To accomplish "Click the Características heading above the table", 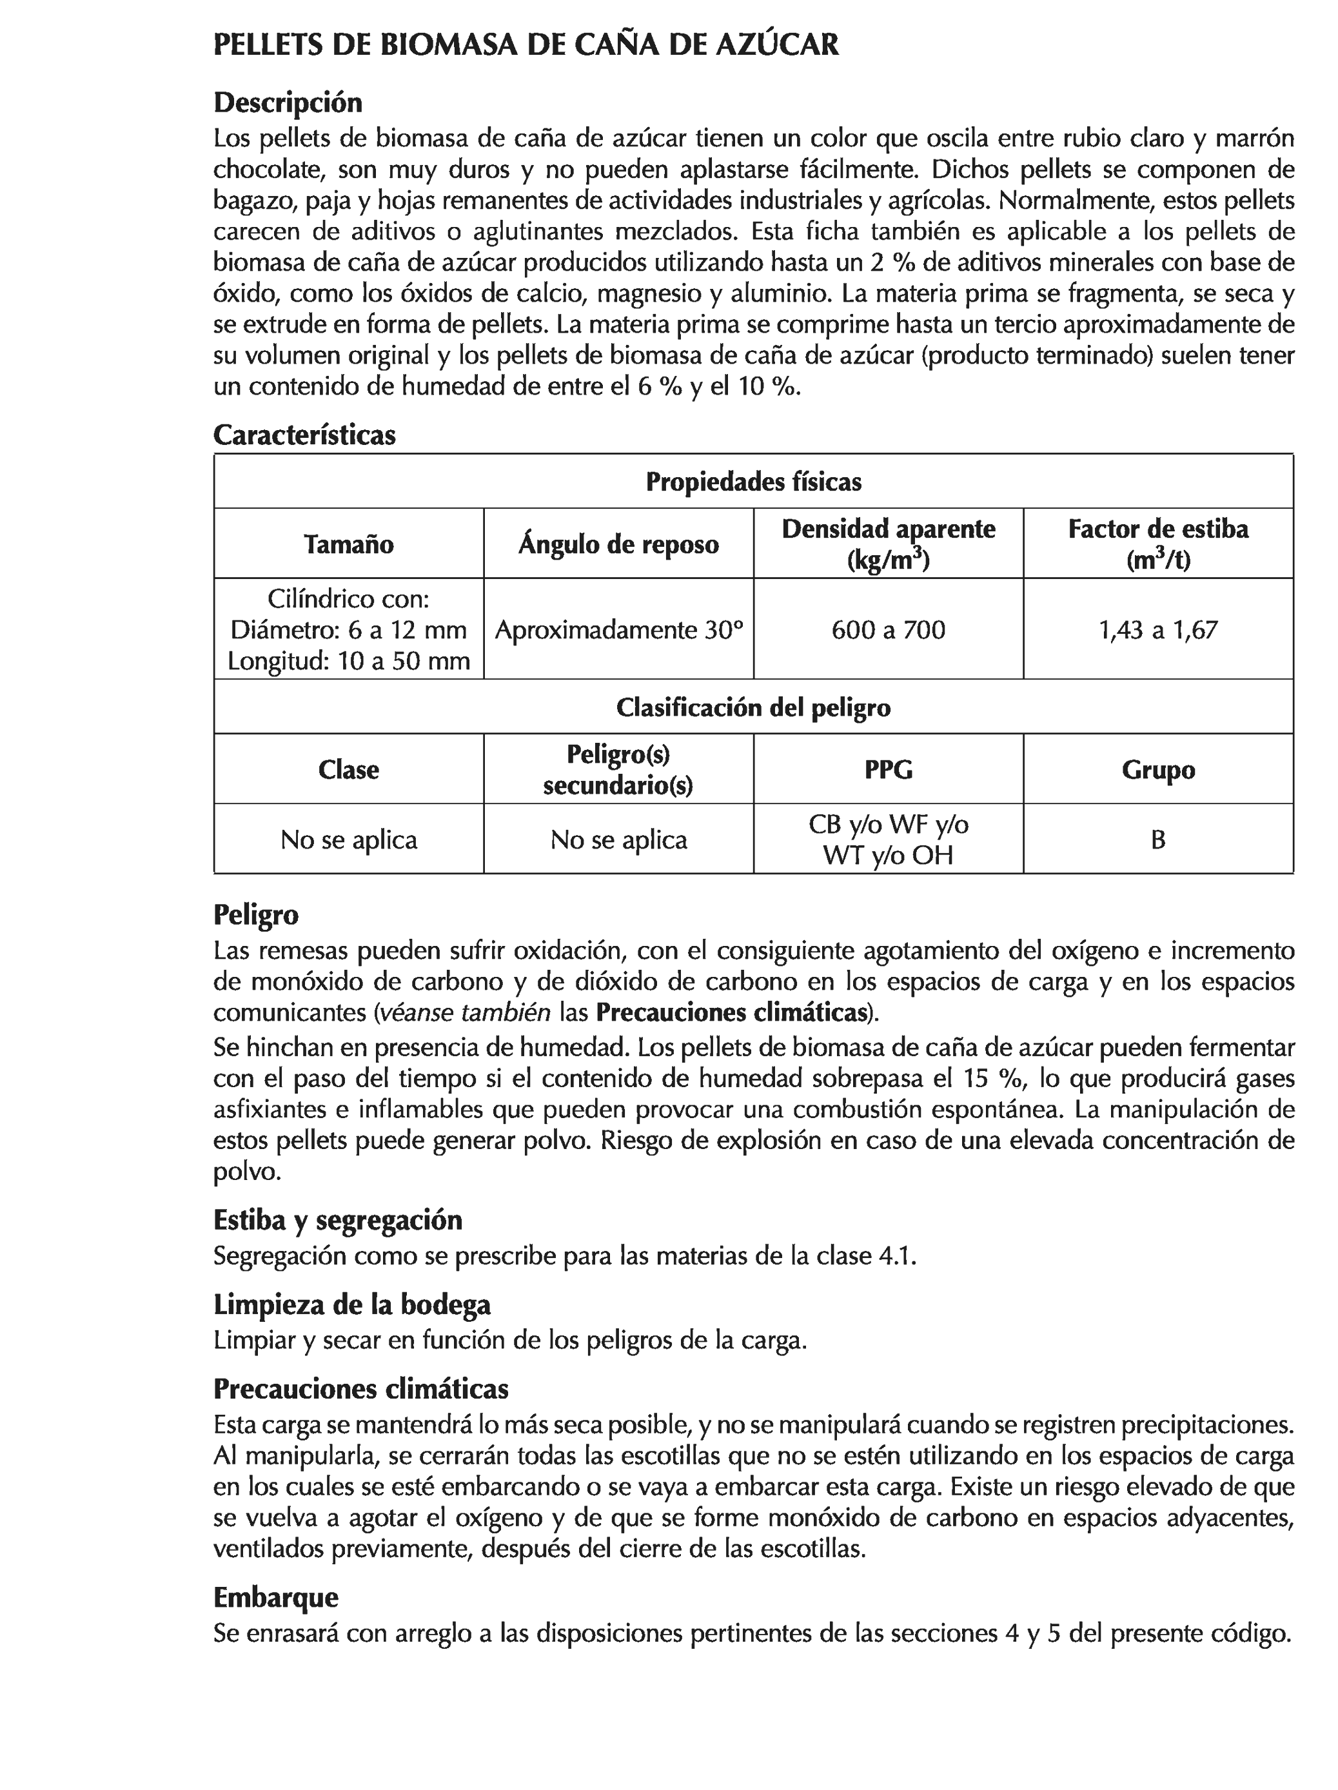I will tap(304, 435).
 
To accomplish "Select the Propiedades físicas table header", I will tap(753, 482).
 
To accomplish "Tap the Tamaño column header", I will tap(349, 544).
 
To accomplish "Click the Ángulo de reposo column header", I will tap(618, 544).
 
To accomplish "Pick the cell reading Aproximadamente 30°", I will tap(618, 629).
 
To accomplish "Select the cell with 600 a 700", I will tap(888, 629).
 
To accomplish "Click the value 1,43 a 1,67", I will tap(1157, 629).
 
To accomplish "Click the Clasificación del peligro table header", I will tap(753, 707).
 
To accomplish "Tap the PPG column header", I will tap(888, 769).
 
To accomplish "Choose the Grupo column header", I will tap(1157, 769).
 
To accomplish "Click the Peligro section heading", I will tap(256, 914).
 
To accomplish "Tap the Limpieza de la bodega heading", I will tap(352, 1304).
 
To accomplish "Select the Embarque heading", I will tap(275, 1597).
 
